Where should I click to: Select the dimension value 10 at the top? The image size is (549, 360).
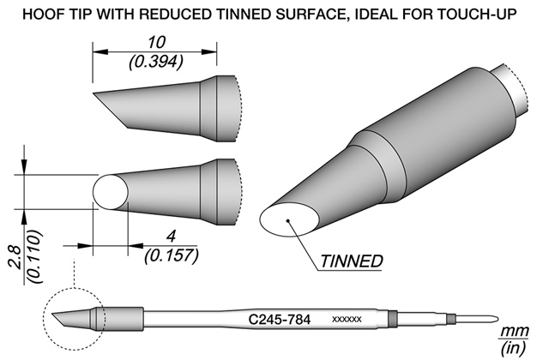coord(156,43)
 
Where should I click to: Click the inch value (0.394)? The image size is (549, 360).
coord(156,63)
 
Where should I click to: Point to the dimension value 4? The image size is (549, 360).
coord(171,237)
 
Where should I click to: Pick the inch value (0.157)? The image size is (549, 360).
coord(172,255)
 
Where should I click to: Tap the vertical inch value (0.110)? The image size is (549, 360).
coord(35,256)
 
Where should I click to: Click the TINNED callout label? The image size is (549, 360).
coord(351,261)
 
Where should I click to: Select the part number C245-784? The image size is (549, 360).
coord(279,320)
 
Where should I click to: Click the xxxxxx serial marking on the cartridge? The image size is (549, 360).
coord(347,320)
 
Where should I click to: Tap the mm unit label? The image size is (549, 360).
coord(515,331)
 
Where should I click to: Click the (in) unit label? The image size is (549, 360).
coord(514,347)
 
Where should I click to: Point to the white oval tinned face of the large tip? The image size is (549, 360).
coord(290,219)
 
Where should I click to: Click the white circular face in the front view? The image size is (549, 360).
coord(111,192)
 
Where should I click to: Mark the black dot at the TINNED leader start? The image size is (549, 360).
coord(288,221)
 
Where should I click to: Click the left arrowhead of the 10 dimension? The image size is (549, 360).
coord(100,52)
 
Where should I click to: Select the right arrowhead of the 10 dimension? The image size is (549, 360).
coord(209,52)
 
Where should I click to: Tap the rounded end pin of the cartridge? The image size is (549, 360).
coord(479,319)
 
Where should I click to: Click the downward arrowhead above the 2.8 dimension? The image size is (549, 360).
coord(24,166)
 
